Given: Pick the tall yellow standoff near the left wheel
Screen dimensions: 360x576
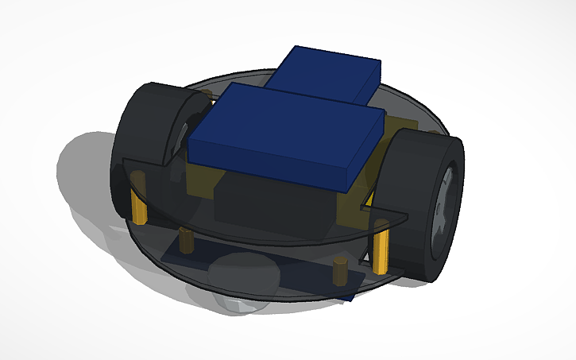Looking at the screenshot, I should coord(139,206).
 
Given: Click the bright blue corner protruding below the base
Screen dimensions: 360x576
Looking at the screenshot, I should coord(348,295).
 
